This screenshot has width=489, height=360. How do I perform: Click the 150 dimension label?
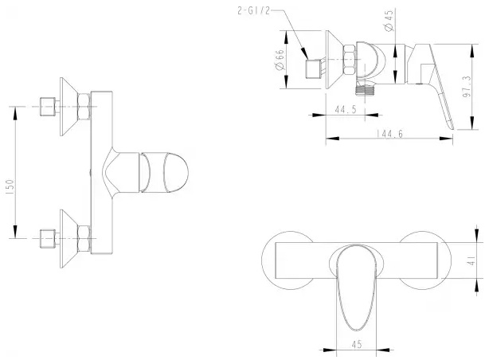(10, 187)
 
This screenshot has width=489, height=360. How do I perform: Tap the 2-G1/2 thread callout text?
(253, 11)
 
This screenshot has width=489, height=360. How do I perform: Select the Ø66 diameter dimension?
(280, 60)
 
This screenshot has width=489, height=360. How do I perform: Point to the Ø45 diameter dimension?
(389, 21)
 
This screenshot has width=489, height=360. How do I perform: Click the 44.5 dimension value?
(345, 109)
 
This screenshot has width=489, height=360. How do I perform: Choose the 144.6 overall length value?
(389, 134)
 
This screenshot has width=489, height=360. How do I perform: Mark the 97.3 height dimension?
(467, 86)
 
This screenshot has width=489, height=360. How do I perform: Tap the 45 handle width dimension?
(357, 344)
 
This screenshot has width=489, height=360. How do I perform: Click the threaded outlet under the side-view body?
(365, 89)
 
